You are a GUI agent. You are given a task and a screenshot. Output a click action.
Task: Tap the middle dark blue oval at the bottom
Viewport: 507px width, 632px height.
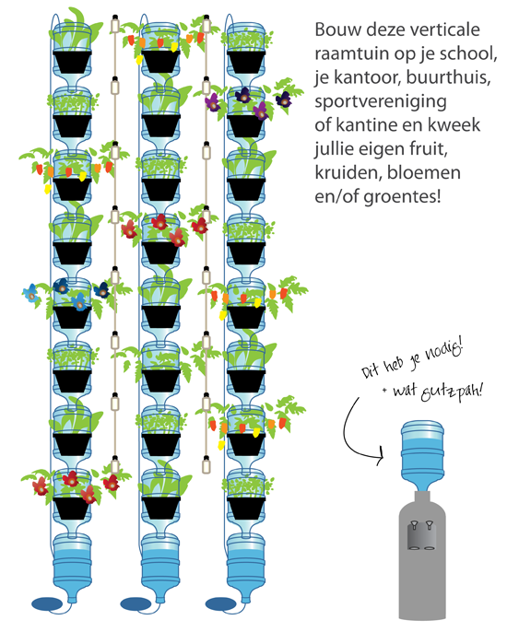(x=136, y=604)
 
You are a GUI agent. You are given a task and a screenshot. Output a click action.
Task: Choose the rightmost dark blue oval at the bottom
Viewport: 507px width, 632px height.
(x=221, y=604)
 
